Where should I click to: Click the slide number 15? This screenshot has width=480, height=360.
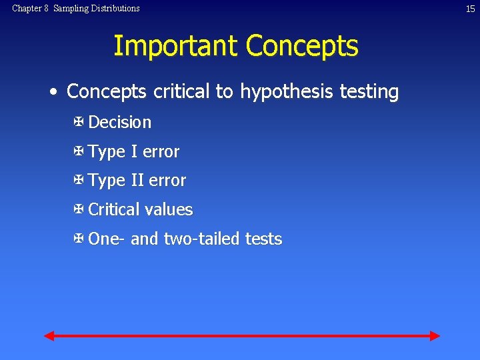click(469, 9)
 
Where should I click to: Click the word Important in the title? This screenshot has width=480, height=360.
click(175, 46)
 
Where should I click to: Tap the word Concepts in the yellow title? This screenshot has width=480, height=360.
click(302, 46)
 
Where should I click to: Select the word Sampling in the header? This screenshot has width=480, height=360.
click(69, 9)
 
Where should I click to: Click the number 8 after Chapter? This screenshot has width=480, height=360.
click(47, 9)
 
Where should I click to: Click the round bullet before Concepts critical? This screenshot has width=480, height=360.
click(53, 92)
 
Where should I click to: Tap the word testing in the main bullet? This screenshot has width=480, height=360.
click(368, 92)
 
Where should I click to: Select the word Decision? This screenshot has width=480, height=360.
click(119, 123)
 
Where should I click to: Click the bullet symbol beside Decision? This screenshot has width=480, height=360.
click(78, 122)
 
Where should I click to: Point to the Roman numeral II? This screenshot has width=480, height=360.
click(137, 181)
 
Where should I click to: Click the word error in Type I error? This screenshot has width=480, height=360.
click(161, 152)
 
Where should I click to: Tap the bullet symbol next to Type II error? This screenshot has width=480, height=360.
click(78, 180)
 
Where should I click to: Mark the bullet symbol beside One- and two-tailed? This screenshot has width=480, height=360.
click(78, 239)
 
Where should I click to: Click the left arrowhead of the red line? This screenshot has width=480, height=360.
click(49, 335)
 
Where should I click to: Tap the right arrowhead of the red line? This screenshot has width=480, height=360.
click(435, 335)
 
